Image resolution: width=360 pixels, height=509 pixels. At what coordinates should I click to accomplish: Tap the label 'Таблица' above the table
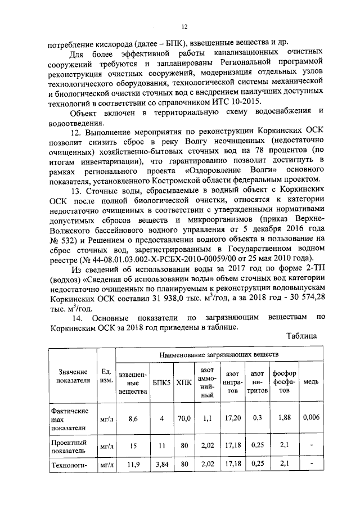[x=301, y=336]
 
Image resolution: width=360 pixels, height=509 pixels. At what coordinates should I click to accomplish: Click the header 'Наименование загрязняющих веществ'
[x=219, y=356]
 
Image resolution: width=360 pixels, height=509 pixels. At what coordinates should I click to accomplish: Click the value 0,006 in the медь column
[x=311, y=418]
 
